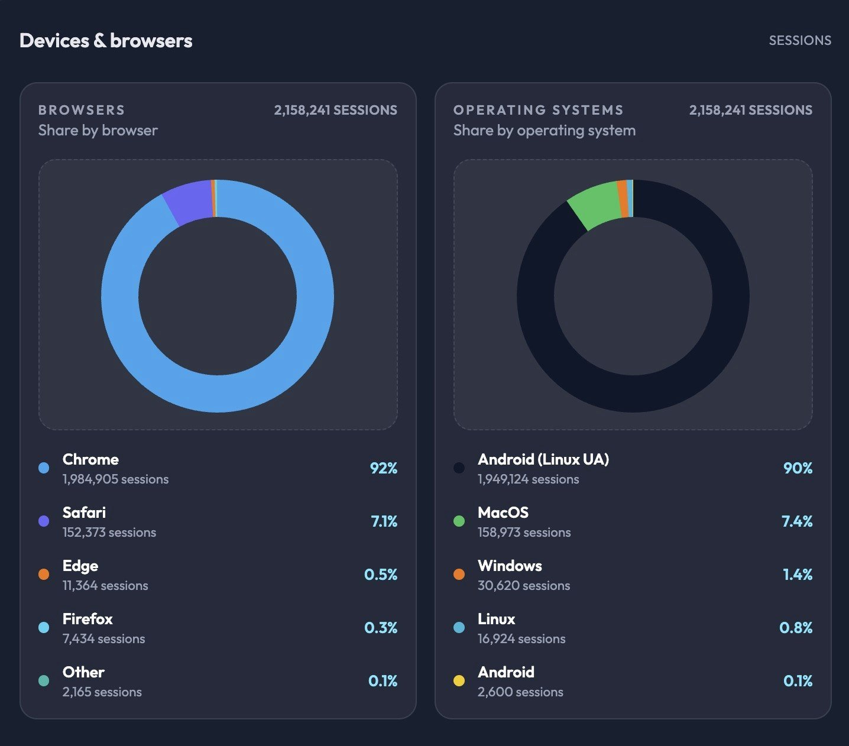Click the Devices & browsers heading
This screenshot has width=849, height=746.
pos(106,41)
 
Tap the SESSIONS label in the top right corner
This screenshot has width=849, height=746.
pos(799,41)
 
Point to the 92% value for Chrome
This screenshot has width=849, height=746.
pos(383,468)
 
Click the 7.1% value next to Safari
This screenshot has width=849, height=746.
pos(384,521)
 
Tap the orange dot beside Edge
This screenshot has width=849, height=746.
pos(44,574)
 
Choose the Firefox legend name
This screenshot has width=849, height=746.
pos(88,619)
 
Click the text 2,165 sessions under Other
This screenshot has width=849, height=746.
pos(102,692)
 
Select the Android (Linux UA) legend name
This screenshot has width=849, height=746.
pos(543,459)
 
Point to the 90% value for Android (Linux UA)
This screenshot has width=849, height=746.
pos(798,468)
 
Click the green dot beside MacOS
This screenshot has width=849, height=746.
pos(459,521)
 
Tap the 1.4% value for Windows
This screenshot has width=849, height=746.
pos(798,575)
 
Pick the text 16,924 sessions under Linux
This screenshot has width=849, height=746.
pos(521,639)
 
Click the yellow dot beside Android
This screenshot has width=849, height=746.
pos(459,680)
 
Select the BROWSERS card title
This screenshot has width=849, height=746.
pos(82,110)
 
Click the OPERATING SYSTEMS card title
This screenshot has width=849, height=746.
pos(538,110)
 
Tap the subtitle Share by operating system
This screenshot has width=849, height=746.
pos(544,131)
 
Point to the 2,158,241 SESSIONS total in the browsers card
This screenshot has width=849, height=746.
pos(335,110)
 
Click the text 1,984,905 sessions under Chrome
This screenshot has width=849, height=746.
pos(115,479)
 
